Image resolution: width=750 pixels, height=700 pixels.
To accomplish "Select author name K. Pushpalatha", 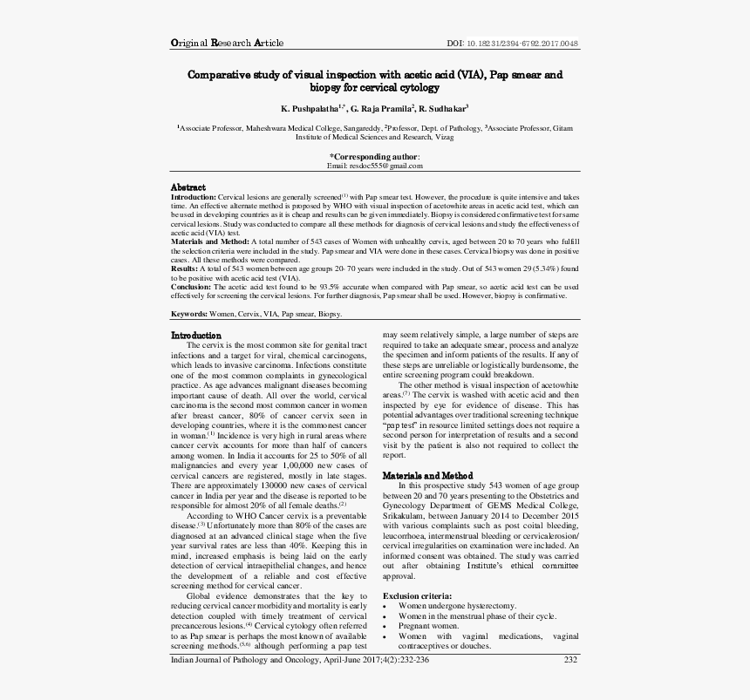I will click(311, 108).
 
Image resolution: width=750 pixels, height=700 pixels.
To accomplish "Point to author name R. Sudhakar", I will click(442, 108).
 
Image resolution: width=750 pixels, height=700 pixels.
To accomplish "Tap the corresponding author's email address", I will click(374, 166).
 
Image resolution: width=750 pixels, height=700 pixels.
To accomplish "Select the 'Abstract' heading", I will click(187, 187).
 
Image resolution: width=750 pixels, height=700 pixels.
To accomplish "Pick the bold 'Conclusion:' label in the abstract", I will click(190, 285).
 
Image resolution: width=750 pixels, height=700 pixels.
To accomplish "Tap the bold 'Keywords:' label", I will click(188, 313).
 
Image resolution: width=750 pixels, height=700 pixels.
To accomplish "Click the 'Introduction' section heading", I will click(195, 335).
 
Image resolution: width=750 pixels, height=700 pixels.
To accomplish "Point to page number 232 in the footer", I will click(570, 684).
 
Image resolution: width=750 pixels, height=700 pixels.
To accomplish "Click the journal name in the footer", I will click(249, 684).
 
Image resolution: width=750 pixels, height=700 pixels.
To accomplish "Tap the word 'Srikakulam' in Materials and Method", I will click(405, 514).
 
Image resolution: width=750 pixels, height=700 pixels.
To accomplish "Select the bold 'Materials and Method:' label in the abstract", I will click(209, 240).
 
